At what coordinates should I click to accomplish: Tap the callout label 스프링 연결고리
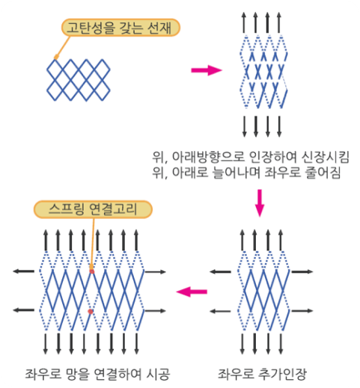click(93, 209)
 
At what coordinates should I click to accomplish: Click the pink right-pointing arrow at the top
click(207, 70)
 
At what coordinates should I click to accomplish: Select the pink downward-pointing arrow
click(260, 203)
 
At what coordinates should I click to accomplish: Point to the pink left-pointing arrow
click(192, 292)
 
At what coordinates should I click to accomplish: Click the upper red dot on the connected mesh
click(92, 271)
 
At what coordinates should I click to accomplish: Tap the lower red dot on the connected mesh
click(91, 311)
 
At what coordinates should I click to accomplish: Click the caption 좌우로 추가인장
click(262, 374)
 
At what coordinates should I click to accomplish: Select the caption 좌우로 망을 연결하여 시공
click(97, 374)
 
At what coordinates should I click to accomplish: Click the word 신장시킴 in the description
click(325, 157)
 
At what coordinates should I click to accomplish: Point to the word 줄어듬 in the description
click(323, 173)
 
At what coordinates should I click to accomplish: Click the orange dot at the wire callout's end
click(56, 58)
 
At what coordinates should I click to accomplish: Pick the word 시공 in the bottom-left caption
click(159, 374)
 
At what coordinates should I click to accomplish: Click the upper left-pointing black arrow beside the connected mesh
click(24, 271)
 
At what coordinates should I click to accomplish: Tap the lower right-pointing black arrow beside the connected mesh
click(156, 311)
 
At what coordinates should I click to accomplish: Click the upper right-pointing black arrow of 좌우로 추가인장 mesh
click(302, 271)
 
